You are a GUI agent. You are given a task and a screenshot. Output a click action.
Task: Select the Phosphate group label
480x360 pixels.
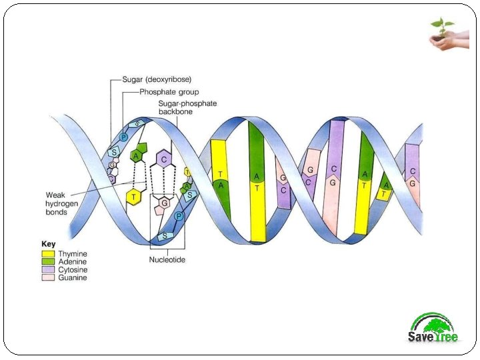(169, 92)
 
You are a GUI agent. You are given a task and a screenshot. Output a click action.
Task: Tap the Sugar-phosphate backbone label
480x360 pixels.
(187, 108)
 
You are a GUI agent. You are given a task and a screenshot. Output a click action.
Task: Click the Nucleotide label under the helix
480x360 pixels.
(167, 260)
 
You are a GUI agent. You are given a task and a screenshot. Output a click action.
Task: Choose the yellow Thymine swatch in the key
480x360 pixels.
(48, 254)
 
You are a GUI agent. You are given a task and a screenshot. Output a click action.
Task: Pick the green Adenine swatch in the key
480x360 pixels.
(48, 262)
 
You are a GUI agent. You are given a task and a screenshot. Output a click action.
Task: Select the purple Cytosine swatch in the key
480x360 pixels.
(48, 270)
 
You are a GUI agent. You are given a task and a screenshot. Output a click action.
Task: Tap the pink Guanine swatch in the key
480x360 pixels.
(48, 278)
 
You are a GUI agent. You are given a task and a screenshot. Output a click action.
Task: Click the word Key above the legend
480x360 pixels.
(49, 245)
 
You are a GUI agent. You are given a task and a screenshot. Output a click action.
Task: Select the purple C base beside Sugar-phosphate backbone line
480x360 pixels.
(162, 161)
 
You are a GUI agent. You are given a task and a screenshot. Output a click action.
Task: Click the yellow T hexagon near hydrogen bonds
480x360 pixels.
(135, 197)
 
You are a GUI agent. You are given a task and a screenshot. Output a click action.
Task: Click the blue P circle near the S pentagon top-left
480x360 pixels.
(123, 137)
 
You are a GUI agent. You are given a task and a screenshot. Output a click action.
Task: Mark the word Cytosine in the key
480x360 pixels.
(73, 270)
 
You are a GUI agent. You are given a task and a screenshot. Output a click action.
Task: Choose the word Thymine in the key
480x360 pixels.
(73, 254)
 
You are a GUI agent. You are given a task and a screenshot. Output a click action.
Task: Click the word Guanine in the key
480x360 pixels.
(73, 278)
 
